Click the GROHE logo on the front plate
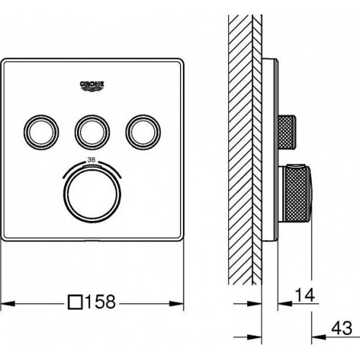92,86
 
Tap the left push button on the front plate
41,132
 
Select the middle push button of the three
92,132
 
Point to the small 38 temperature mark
91,160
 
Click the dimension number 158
101,302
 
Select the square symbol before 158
75,302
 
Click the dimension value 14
305,295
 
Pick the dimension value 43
342,328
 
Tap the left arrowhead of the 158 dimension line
8,304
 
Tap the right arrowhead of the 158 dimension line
176,304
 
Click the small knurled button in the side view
287,132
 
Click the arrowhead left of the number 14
285,304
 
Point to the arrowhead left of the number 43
319,337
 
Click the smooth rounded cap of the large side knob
309,194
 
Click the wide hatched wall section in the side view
240,150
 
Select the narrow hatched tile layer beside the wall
257,150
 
